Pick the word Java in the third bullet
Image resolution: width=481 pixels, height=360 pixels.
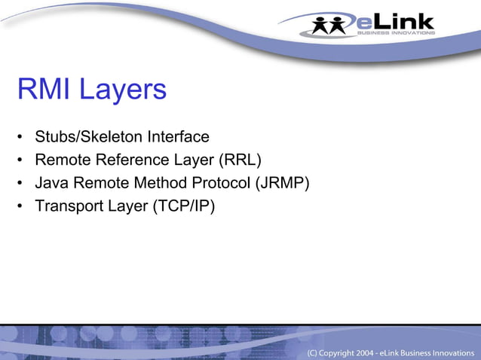pos(51,182)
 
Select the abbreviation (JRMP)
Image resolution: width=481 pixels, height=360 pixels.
pos(283,182)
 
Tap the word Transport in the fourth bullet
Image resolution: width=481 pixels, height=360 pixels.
pos(66,205)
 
